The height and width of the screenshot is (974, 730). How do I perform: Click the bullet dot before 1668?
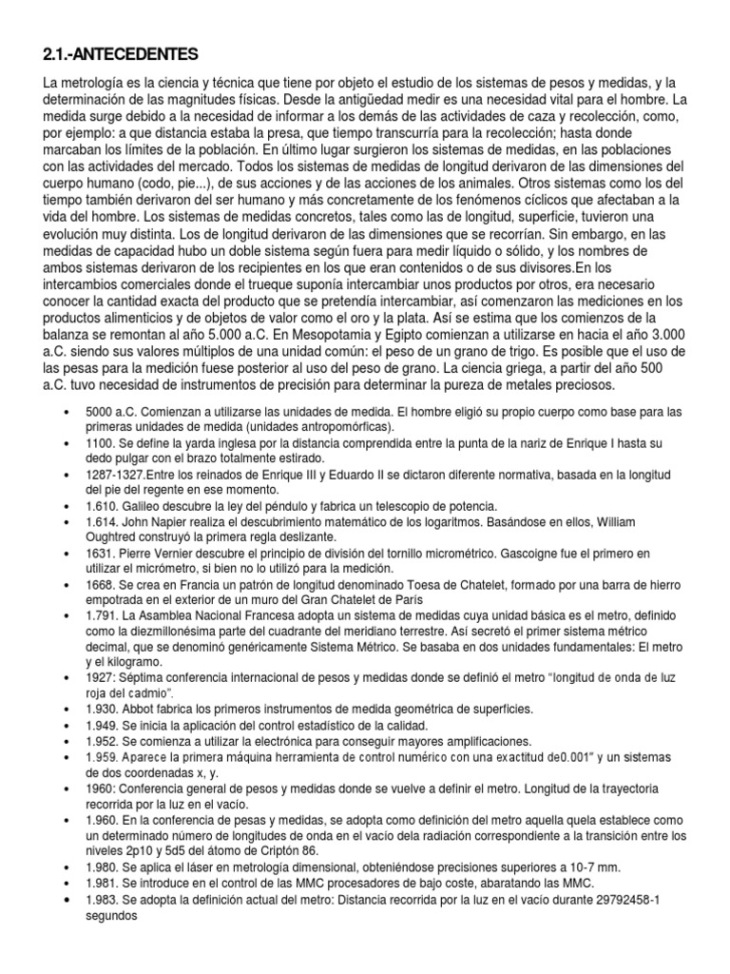pos(66,586)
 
